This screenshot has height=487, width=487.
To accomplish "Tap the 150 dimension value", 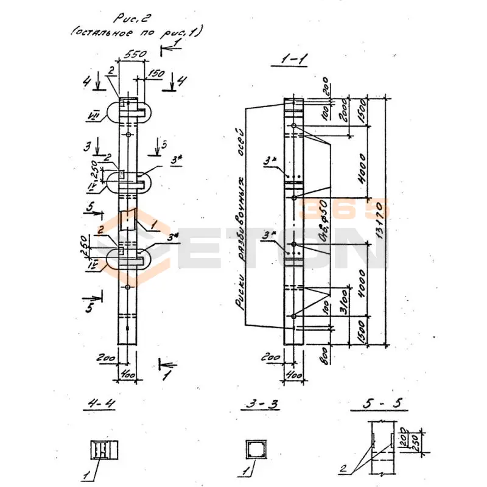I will [156, 74].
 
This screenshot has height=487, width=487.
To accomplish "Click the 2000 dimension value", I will [343, 110].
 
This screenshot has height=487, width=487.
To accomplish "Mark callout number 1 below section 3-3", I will [245, 472].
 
